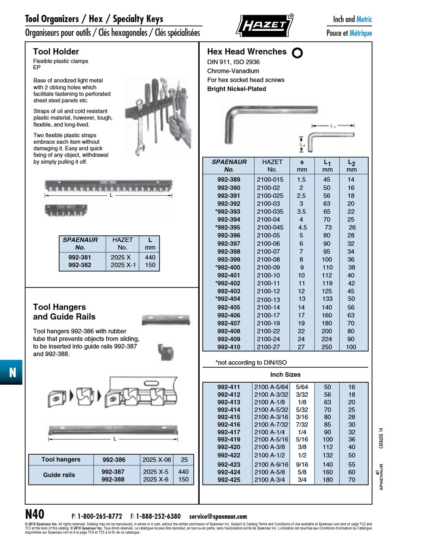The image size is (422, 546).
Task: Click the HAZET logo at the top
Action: (x=264, y=25)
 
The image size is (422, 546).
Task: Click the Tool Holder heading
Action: (x=56, y=52)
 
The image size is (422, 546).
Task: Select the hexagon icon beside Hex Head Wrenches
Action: (x=297, y=52)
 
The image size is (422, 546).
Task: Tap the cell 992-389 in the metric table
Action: (x=229, y=180)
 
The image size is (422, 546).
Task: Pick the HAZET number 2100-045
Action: (x=270, y=227)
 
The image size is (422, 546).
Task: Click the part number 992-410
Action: (x=229, y=347)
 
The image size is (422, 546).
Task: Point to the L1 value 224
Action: (x=327, y=339)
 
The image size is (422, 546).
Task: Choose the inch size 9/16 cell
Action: (x=302, y=465)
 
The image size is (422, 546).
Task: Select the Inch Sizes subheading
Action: (x=285, y=375)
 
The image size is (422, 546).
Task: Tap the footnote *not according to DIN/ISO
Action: (x=251, y=363)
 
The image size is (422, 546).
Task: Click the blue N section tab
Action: (x=12, y=372)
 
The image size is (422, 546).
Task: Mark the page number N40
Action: (x=35, y=514)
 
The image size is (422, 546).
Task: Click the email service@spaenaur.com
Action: (x=218, y=516)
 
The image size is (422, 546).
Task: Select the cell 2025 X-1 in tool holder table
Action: (x=123, y=265)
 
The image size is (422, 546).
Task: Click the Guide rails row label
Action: (x=59, y=475)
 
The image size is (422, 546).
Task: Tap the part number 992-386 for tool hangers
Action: (x=114, y=460)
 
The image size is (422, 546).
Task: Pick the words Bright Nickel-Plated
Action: (x=236, y=89)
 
